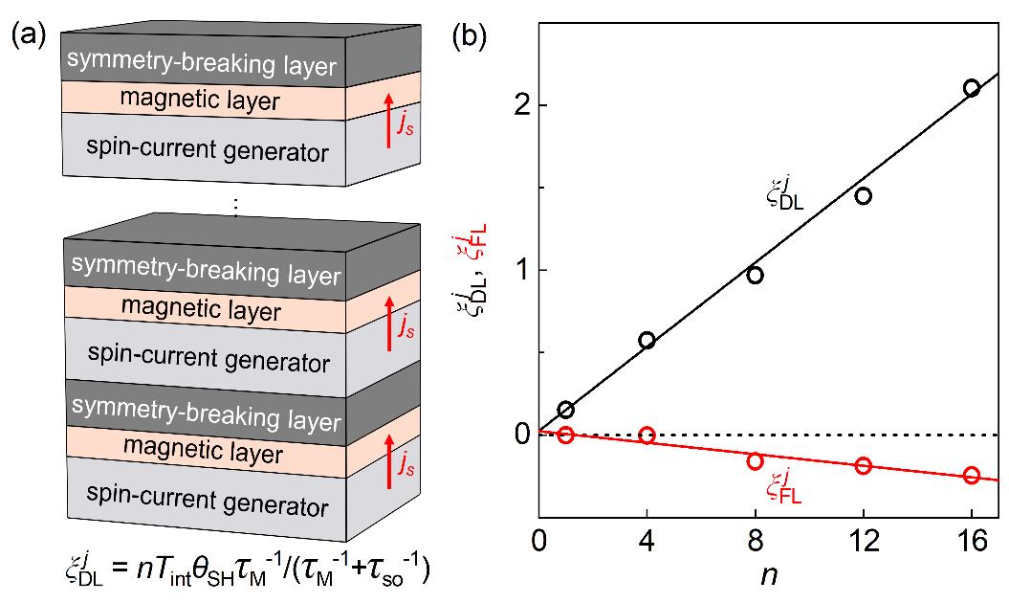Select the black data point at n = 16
coord(972,88)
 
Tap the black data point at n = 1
coord(565,410)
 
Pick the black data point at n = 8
coord(755,275)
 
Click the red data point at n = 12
coord(864,465)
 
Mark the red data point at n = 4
coord(647,435)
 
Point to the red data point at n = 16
coord(972,475)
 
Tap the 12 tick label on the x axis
coord(864,541)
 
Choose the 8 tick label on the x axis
coord(755,541)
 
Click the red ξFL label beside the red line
coord(784,490)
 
